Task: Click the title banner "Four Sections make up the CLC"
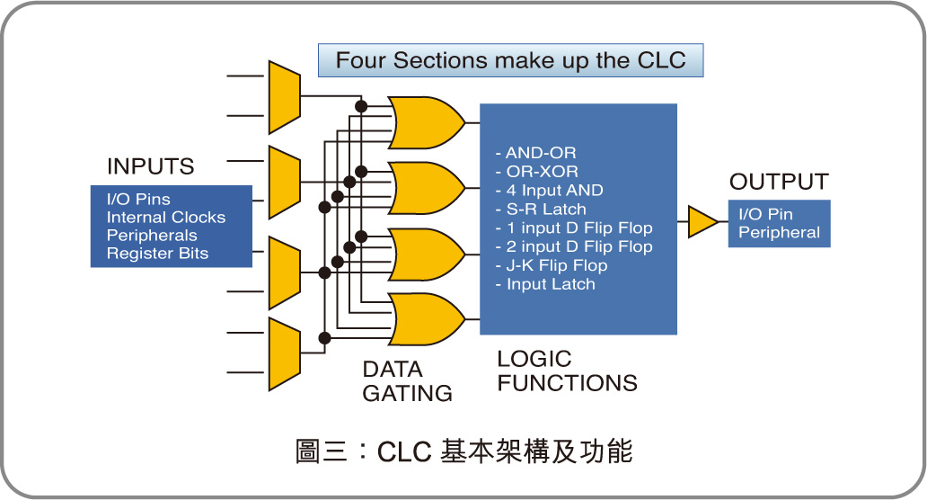tap(510, 60)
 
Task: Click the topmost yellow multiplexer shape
tap(284, 97)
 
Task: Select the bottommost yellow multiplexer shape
tap(284, 353)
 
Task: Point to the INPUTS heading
tap(150, 166)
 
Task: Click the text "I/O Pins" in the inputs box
tap(138, 199)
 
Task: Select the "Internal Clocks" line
tap(166, 217)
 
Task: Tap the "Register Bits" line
tap(157, 254)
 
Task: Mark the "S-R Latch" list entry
tap(540, 210)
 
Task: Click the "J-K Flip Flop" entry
tap(551, 265)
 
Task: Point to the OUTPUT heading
tap(779, 182)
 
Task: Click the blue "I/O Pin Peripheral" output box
tap(779, 223)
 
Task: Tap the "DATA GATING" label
tap(407, 381)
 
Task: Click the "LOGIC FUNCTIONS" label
tap(567, 371)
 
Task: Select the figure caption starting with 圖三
tap(463, 451)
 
